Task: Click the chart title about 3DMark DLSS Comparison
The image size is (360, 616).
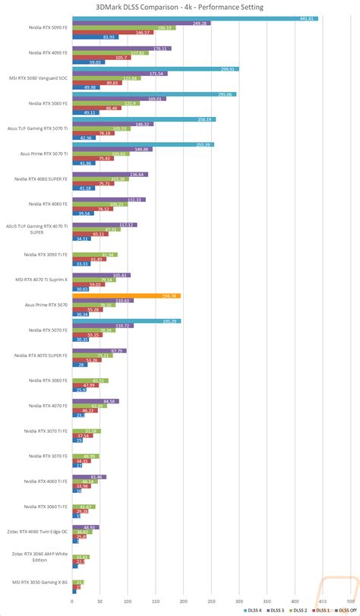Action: click(x=180, y=6)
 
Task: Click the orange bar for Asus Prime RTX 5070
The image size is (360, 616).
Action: click(x=126, y=295)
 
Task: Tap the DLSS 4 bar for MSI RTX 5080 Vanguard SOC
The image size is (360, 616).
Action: click(x=156, y=68)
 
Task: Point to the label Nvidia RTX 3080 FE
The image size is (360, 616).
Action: click(x=47, y=380)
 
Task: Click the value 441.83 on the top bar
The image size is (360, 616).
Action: click(x=307, y=18)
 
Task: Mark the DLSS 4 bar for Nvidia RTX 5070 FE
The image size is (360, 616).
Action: click(x=127, y=321)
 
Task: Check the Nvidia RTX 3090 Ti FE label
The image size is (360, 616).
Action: click(x=46, y=254)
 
